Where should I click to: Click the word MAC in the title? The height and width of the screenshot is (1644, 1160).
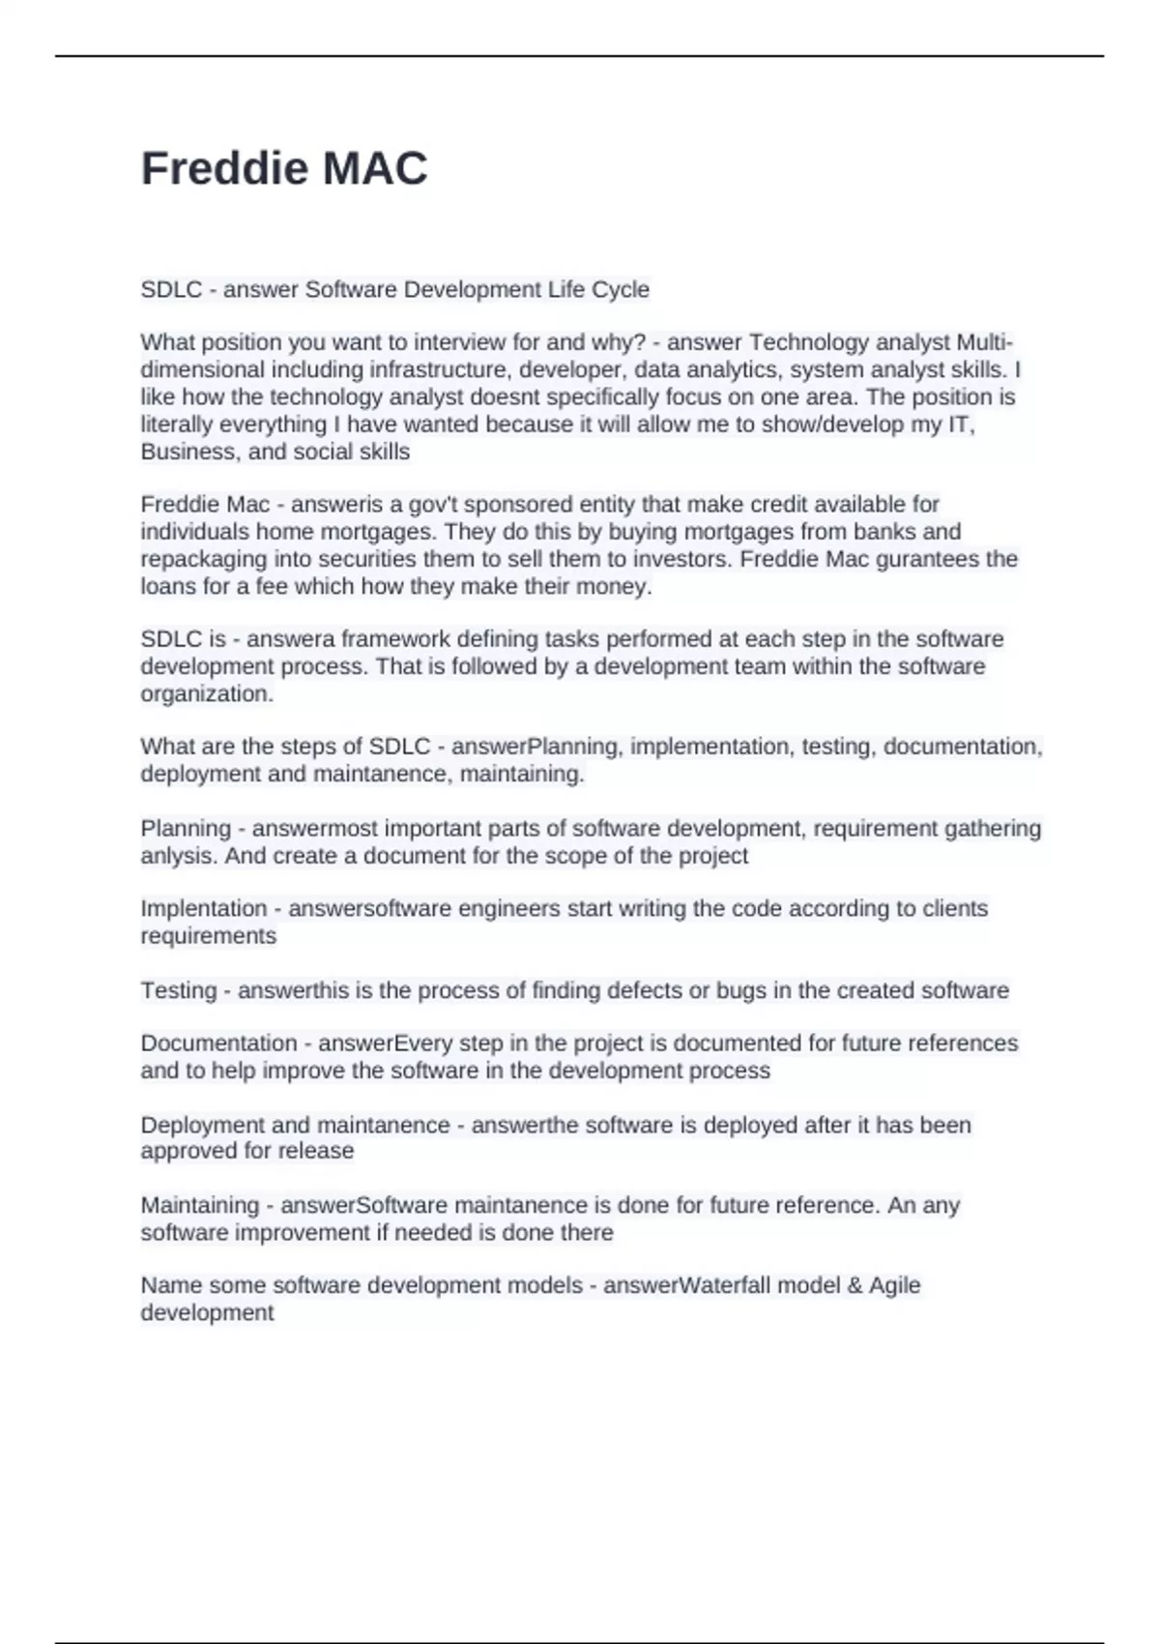coord(375,168)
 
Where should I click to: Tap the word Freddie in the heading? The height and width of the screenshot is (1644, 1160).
coord(224,168)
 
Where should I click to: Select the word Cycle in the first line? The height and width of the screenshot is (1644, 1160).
coord(619,289)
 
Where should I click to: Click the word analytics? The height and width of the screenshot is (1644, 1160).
coord(740,369)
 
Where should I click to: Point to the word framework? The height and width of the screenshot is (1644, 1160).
coord(393,639)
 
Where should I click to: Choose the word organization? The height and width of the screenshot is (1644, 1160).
coord(207,693)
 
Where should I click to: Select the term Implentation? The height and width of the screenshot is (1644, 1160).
coord(204,909)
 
